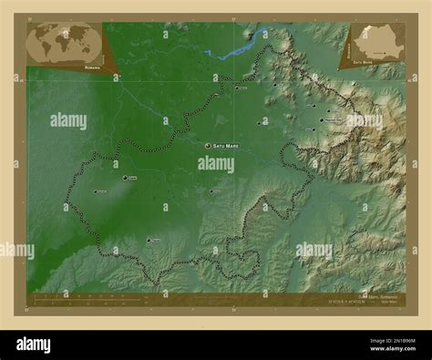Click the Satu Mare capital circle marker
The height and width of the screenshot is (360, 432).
208,146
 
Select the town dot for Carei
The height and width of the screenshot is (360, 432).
124,179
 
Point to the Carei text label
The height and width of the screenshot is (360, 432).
133,179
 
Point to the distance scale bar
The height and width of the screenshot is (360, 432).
82,296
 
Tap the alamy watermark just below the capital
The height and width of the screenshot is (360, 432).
216,164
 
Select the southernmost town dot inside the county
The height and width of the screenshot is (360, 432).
149,240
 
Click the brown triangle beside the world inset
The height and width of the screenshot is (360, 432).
109,52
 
